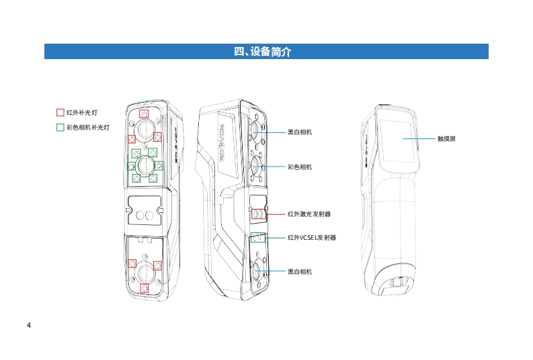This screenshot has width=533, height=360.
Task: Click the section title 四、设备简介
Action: pyautogui.click(x=266, y=52)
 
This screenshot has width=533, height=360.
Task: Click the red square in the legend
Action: pyautogui.click(x=60, y=113)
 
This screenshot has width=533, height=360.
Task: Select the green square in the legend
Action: pyautogui.click(x=60, y=126)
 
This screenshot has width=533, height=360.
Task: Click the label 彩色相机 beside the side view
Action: pyautogui.click(x=299, y=166)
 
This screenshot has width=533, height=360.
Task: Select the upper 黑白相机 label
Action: pyautogui.click(x=299, y=132)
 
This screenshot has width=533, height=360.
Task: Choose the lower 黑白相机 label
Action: pyautogui.click(x=299, y=271)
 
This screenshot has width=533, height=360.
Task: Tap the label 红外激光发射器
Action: pyautogui.click(x=309, y=214)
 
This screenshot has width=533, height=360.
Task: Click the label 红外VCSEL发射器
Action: pyautogui.click(x=311, y=237)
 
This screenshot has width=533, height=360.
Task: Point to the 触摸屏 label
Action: pyautogui.click(x=446, y=139)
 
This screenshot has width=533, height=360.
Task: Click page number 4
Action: pyautogui.click(x=29, y=326)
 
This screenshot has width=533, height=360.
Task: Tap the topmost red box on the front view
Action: pyautogui.click(x=144, y=114)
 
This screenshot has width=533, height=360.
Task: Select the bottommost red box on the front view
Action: pyautogui.click(x=144, y=288)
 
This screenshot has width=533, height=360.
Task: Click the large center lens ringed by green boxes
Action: pyautogui.click(x=145, y=165)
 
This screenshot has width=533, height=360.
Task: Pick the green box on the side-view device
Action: pyautogui.click(x=259, y=237)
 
